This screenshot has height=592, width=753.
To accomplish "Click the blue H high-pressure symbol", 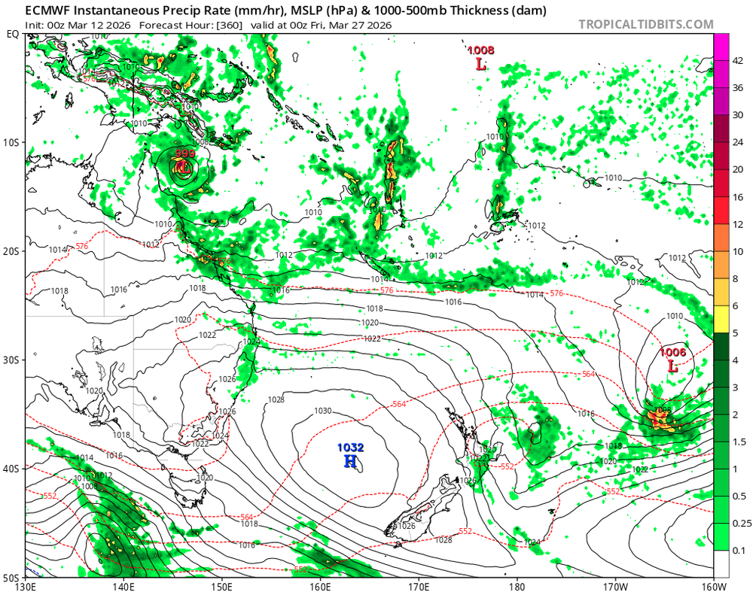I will coord(350,460).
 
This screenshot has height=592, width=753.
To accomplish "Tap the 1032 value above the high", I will coord(350,448).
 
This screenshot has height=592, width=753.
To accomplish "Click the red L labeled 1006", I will coord(672,366).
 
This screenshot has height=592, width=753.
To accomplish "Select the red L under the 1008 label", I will coord(480,64).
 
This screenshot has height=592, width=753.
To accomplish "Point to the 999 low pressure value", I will coord(184,154).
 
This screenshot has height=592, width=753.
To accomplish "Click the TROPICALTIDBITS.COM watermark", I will coord(646,24).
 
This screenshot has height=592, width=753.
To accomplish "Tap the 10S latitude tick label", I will coord(13,142).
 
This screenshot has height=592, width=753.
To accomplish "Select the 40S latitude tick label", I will coord(13,469).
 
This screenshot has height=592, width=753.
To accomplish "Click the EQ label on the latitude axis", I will coord(13,34).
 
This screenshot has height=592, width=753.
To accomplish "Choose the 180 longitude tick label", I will coord(517,586).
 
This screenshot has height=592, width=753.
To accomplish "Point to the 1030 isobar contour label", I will coord(322,411).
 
